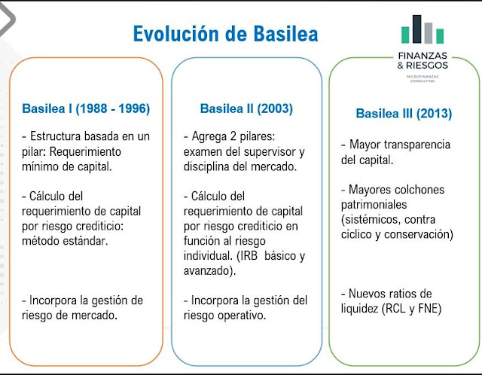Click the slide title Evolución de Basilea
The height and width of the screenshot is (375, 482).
(x=226, y=33)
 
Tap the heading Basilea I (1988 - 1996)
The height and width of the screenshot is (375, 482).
(x=86, y=108)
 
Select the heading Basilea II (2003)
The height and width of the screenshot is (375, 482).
(x=246, y=108)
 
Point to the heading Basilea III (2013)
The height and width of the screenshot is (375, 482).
(x=404, y=114)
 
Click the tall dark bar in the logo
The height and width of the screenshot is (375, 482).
(x=416, y=29)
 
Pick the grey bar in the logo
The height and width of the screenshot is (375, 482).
(x=429, y=33)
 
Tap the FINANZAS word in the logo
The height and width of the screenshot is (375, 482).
(x=423, y=56)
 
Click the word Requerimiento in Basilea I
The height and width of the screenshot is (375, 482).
(x=85, y=152)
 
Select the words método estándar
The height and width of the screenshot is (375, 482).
(x=65, y=241)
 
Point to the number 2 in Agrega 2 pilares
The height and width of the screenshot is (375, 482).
(x=233, y=136)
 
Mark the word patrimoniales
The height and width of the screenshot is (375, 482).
(x=374, y=205)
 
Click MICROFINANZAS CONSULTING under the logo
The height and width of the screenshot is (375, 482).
(x=423, y=78)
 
